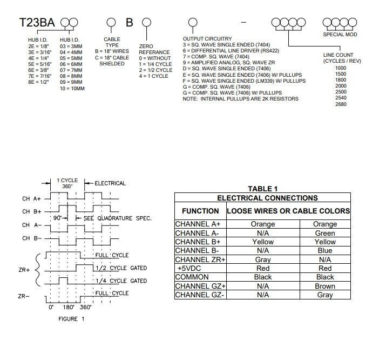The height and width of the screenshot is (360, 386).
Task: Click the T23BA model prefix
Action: [37, 22]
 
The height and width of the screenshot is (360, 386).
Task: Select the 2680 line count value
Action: [341, 104]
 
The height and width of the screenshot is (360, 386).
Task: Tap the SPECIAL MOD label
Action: [340, 35]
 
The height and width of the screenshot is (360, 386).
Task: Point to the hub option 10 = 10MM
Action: [72, 88]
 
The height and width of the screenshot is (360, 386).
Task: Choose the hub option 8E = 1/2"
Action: [38, 82]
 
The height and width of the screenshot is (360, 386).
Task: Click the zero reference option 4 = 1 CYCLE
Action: [154, 76]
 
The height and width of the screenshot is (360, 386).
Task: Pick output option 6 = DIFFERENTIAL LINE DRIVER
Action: [231, 51]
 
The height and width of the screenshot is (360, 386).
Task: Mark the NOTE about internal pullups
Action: [241, 99]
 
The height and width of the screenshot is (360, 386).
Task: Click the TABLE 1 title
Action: [263, 189]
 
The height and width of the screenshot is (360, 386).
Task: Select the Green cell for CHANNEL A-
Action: [325, 233]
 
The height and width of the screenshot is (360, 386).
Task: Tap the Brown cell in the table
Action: [325, 286]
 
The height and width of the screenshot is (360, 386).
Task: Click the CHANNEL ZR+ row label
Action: [200, 259]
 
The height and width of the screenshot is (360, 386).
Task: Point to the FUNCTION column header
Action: [200, 211]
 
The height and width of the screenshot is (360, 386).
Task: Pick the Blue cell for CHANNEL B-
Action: [325, 251]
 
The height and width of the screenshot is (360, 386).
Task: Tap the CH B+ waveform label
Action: [32, 211]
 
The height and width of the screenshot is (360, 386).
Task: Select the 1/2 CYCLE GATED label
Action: [121, 268]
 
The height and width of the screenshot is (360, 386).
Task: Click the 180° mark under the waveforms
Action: [69, 307]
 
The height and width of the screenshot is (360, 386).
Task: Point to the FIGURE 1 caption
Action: [71, 319]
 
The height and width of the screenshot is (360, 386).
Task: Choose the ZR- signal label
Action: [24, 296]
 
